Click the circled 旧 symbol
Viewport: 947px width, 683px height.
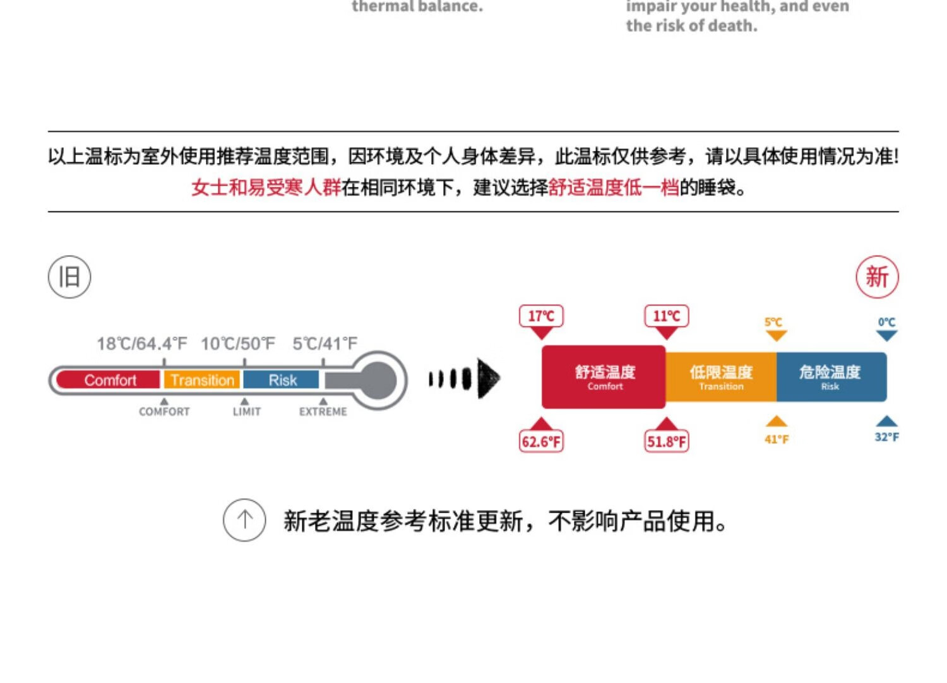[x=69, y=277]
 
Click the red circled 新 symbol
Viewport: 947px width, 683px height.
[x=877, y=277]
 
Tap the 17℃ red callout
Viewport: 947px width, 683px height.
[x=541, y=316]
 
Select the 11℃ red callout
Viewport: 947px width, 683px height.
[x=666, y=316]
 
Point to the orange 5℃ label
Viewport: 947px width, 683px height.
[x=773, y=323]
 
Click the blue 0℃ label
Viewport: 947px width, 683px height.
[x=886, y=323]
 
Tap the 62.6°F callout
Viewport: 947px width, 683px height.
[x=541, y=441]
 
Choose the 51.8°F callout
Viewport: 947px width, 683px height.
[x=666, y=441]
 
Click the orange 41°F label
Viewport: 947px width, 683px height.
[x=777, y=439]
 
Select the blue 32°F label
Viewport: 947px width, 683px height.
[x=886, y=437]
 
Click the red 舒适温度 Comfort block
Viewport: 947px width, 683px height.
[x=604, y=377]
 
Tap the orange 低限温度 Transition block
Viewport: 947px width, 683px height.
[x=721, y=377]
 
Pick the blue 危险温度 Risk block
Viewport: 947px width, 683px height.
[x=831, y=377]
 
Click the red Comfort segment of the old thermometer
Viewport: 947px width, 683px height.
[x=109, y=380]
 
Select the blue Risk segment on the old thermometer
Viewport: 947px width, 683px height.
[x=282, y=380]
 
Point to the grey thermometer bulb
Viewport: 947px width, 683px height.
[x=377, y=380]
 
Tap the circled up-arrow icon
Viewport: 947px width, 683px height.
[x=244, y=520]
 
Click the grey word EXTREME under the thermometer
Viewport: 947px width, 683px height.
[x=323, y=412]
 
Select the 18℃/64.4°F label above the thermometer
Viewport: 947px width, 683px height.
[x=142, y=344]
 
